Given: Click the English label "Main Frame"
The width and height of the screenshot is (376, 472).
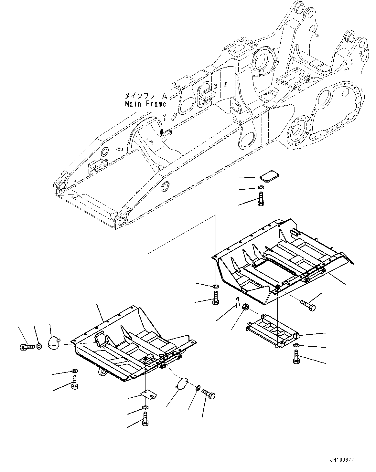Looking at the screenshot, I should click(145, 104).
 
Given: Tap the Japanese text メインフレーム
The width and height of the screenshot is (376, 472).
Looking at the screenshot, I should click(146, 96).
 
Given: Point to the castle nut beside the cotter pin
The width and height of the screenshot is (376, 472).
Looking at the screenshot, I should click(245, 307).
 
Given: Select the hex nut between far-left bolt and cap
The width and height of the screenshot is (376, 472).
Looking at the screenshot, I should click(38, 346).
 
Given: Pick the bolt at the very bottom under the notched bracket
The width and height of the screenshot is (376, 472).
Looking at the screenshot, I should click(145, 419).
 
